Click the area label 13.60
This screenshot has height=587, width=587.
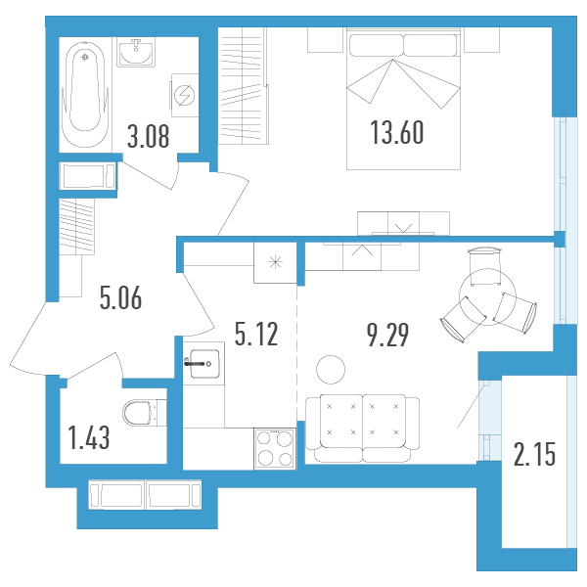coord(397,132)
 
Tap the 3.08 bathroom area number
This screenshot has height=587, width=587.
coord(149,136)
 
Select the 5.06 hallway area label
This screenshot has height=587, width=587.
coord(120,297)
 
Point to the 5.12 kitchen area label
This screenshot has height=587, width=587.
coord(256,334)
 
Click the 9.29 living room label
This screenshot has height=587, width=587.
coord(387,335)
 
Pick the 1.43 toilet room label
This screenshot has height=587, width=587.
coord(89,437)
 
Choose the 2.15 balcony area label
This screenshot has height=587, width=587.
coord(534,454)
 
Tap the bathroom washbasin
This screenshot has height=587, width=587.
coord(136,52)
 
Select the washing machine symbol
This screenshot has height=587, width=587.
coord(185,95)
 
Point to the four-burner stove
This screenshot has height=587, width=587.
coord(275,449)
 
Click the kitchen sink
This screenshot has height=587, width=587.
coord(203,363)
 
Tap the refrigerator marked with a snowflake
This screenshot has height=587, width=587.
coord(275,262)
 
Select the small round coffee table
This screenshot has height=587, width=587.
coord(331,370)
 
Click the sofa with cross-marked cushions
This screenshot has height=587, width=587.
coord(362,429)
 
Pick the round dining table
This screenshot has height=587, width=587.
coord(488,296)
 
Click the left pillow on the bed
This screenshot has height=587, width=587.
coord(377,45)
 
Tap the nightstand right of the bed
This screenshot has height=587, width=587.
coord(481,40)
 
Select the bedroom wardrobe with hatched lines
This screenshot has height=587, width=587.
coord(244,85)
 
